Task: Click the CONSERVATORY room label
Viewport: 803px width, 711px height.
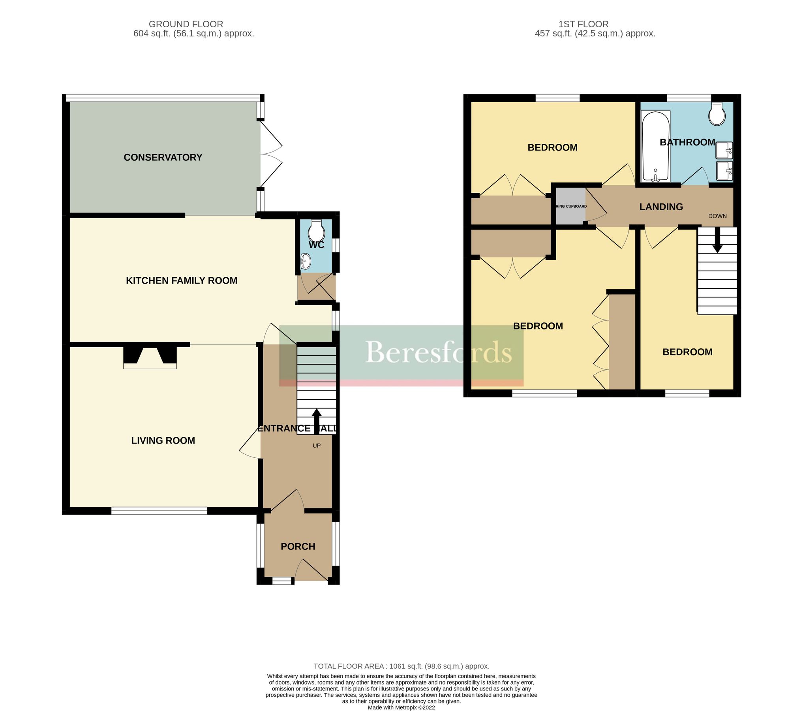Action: coord(163,158)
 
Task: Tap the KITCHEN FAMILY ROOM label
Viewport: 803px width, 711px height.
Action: coord(182,281)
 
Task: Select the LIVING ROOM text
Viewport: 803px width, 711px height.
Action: coord(163,441)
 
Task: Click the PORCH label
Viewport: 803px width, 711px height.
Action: coord(298,547)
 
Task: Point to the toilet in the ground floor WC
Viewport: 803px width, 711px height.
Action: coord(316,230)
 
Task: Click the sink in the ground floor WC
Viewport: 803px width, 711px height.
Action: coord(306,261)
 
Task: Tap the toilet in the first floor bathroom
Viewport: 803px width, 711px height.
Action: coord(717,115)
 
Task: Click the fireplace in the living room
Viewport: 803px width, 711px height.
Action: coord(150,357)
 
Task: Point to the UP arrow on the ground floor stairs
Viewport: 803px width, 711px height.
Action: coord(317,421)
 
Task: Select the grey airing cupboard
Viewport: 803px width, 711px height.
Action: coord(570,206)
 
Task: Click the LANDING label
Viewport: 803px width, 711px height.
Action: coord(661,207)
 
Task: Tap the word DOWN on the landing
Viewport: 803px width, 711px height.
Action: coord(717,216)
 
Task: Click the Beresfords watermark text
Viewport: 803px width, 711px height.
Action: coord(438,352)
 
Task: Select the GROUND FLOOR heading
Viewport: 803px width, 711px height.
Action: coord(186,24)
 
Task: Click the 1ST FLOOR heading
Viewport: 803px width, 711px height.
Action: coord(583,24)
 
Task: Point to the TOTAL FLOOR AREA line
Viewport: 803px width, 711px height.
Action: coord(401,666)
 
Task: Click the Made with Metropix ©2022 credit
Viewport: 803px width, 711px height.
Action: coord(401,707)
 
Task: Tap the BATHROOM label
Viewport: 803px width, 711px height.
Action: coord(687,143)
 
